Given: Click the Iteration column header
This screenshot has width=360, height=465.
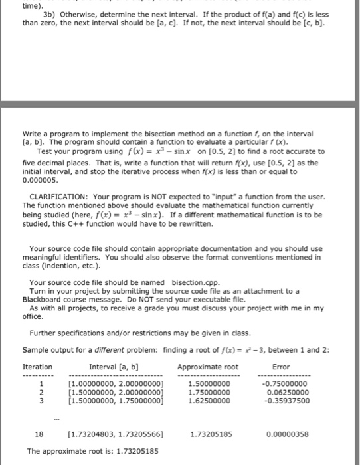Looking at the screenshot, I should click(37, 366).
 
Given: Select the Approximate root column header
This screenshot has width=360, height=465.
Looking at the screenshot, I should click(208, 366).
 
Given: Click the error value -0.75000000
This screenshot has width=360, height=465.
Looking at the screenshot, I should click(286, 384).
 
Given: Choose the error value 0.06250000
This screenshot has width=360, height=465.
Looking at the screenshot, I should click(287, 393).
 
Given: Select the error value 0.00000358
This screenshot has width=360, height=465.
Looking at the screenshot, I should click(287, 434).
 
